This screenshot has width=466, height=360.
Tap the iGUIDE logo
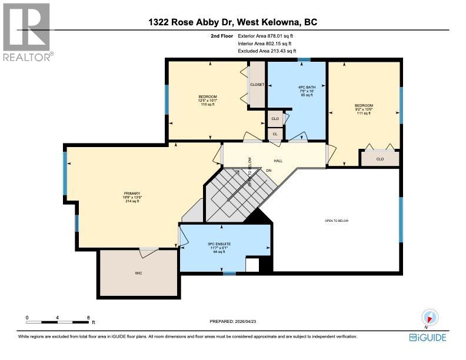pyautogui.click(x=428, y=337)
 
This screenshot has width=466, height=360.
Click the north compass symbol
pyautogui.click(x=429, y=317)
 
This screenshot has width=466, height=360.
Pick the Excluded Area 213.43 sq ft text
pyautogui.click(x=263, y=51)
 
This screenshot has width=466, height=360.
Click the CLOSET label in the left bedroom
pyautogui.click(x=257, y=85)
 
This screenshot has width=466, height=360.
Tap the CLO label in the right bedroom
pyautogui.click(x=380, y=159)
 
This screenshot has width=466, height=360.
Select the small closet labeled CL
pyautogui.click(x=274, y=134)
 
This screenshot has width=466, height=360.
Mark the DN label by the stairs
pyautogui.click(x=268, y=171)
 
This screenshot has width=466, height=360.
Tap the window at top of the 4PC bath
pyautogui.click(x=304, y=59)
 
